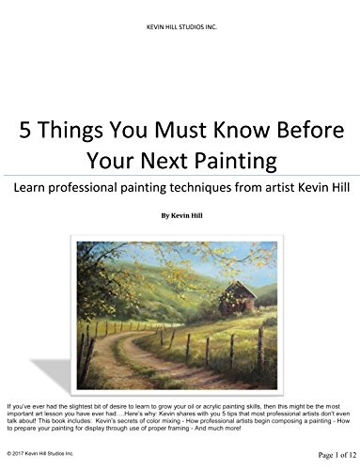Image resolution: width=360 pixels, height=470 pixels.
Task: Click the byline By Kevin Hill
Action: (x=180, y=215)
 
